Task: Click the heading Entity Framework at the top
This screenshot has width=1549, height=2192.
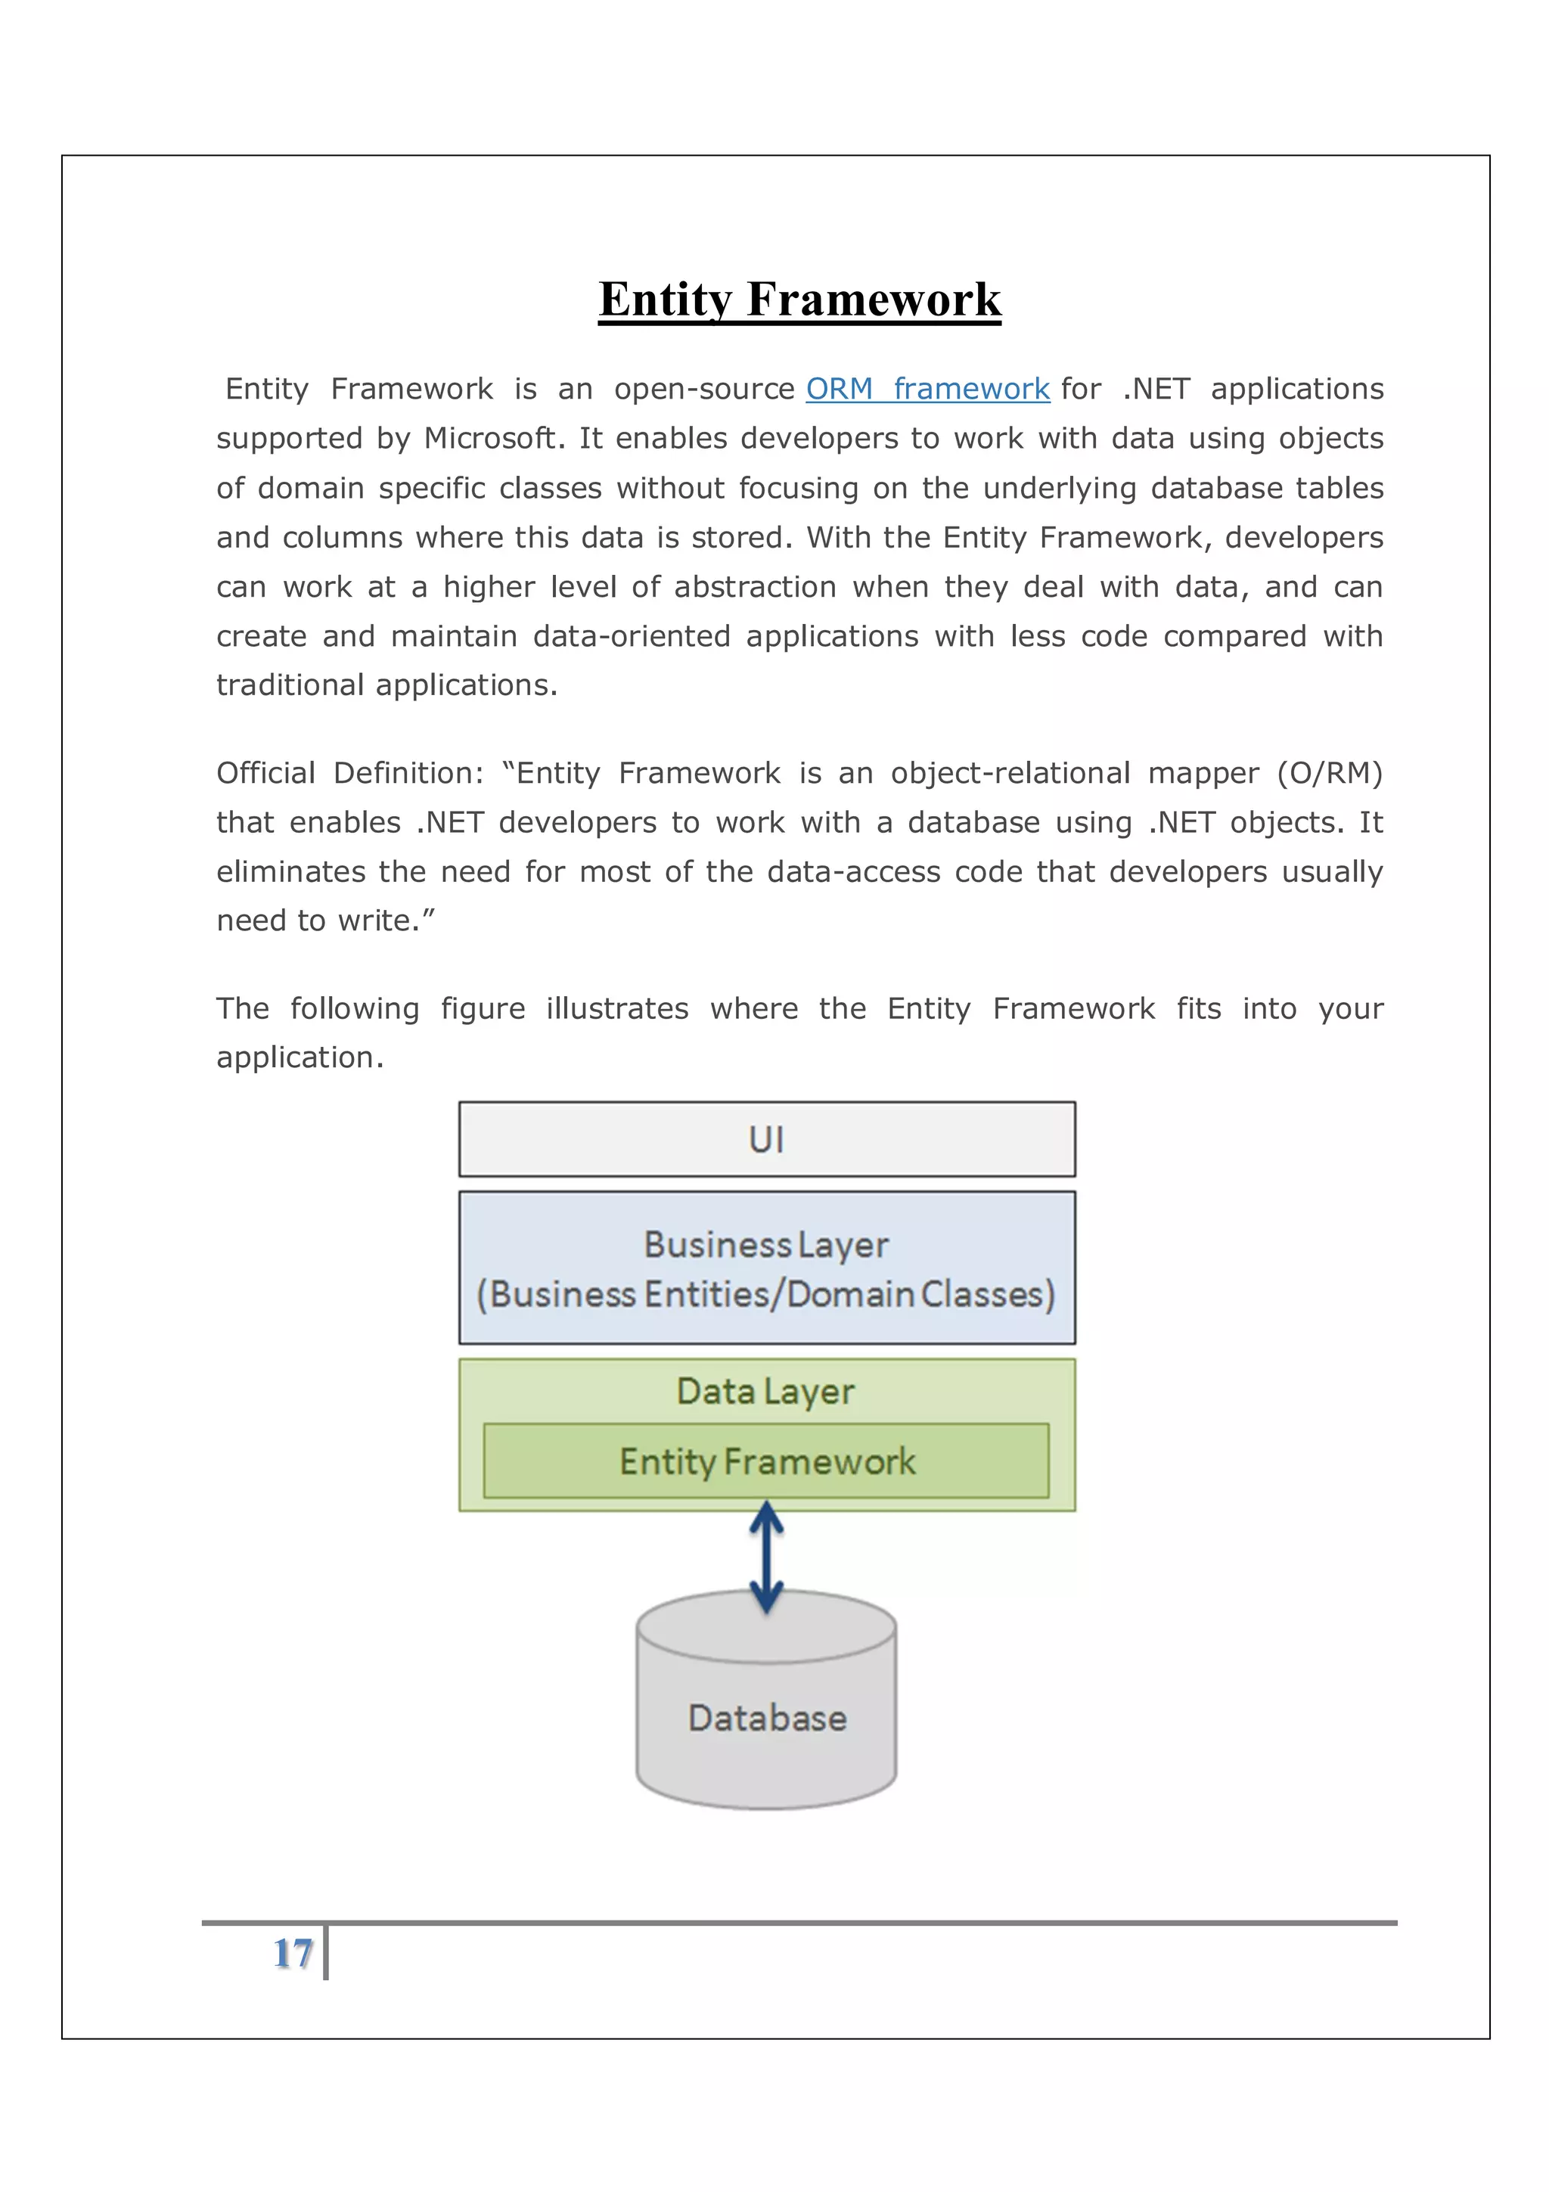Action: click(x=799, y=299)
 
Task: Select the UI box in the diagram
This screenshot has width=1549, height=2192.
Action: click(x=766, y=1139)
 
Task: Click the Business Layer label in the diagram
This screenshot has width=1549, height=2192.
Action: click(x=766, y=1245)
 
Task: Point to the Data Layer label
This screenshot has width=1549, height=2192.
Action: click(x=765, y=1392)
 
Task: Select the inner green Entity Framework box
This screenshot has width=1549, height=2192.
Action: click(x=766, y=1461)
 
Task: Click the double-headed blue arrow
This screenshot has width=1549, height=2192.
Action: click(x=766, y=1556)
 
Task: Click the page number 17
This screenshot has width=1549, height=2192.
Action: click(x=293, y=1953)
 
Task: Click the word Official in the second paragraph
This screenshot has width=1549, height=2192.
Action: click(x=265, y=773)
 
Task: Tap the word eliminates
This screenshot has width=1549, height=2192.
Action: click(x=290, y=871)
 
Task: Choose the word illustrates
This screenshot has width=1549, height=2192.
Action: click(x=616, y=1009)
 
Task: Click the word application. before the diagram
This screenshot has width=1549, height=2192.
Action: click(x=300, y=1058)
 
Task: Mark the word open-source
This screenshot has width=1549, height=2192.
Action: click(x=704, y=390)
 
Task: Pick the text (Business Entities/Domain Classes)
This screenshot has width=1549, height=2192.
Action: click(x=766, y=1295)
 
